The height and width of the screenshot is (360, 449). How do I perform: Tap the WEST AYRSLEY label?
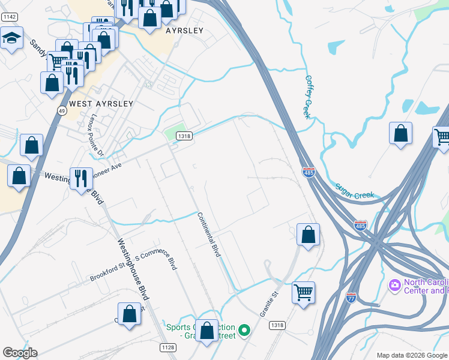pos(101,104)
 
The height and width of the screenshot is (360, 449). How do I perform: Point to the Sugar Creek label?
pos(355,191)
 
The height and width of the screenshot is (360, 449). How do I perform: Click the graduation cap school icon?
pos(11,38)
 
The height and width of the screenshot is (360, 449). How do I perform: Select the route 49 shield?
pos(62,111)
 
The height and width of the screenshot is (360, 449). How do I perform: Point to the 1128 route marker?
pos(168,347)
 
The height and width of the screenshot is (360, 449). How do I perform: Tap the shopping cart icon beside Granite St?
pos(304,293)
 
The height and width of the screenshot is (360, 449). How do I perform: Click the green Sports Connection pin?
pos(244,329)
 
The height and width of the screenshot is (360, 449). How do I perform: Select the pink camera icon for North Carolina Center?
pos(394,284)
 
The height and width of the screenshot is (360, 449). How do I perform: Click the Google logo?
pos(20,353)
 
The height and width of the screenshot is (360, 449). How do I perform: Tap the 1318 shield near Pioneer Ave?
pos(184,137)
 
